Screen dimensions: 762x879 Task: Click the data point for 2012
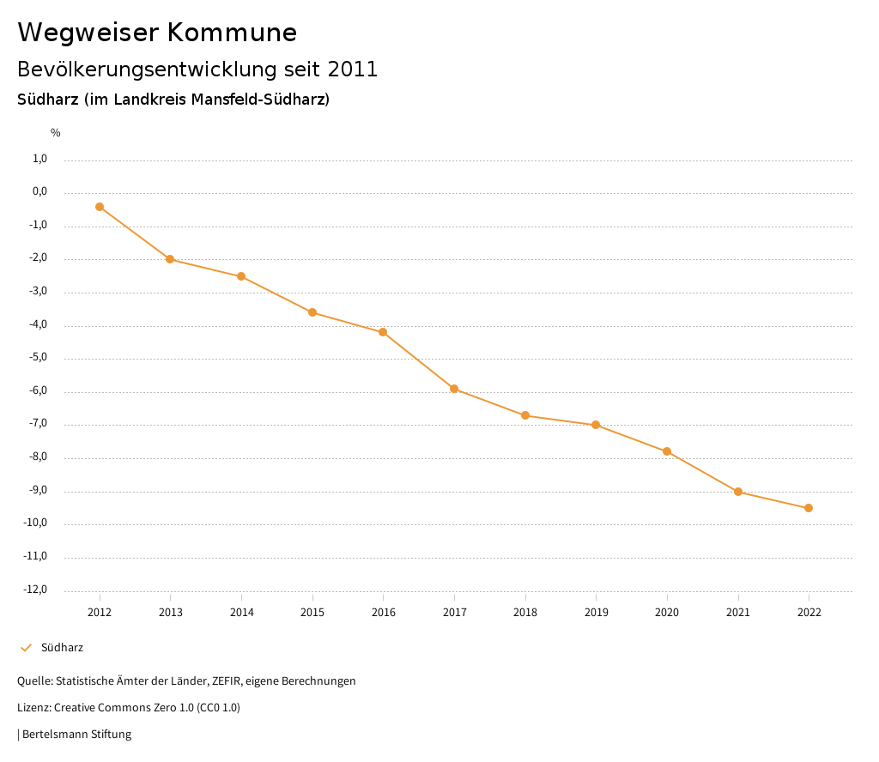pos(100,207)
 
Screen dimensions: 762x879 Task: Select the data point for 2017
pos(454,389)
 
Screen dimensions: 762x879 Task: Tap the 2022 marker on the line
pos(809,508)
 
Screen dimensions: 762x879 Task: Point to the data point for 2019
pos(596,425)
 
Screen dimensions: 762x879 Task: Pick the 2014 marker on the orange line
pos(241,276)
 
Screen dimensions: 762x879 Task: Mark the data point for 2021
pos(738,492)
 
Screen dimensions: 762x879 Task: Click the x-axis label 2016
pos(383,613)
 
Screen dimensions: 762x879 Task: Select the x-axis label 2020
pos(667,613)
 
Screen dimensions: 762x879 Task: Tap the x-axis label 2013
pos(171,613)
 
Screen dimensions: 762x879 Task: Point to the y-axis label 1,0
pos(39,159)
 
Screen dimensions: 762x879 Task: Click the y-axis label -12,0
pos(35,590)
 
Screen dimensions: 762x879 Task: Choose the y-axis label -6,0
pos(38,391)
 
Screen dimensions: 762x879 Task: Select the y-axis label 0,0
pos(39,191)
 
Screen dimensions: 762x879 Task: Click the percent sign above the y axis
pos(55,133)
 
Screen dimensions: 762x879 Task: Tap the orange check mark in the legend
pos(26,648)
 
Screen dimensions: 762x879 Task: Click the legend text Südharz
pos(62,648)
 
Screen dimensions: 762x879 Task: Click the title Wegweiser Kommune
pos(157,33)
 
